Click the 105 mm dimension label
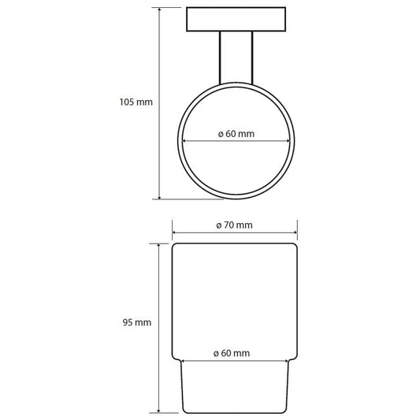(x=136, y=102)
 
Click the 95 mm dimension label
(x=137, y=322)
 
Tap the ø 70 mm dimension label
(x=234, y=225)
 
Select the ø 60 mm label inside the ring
(x=236, y=134)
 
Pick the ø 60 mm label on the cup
(x=232, y=353)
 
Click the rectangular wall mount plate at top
(x=236, y=19)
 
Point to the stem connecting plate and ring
(x=236, y=58)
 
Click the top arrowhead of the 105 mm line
(x=159, y=9)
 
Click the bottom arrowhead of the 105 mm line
(x=159, y=197)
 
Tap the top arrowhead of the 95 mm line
(x=159, y=246)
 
